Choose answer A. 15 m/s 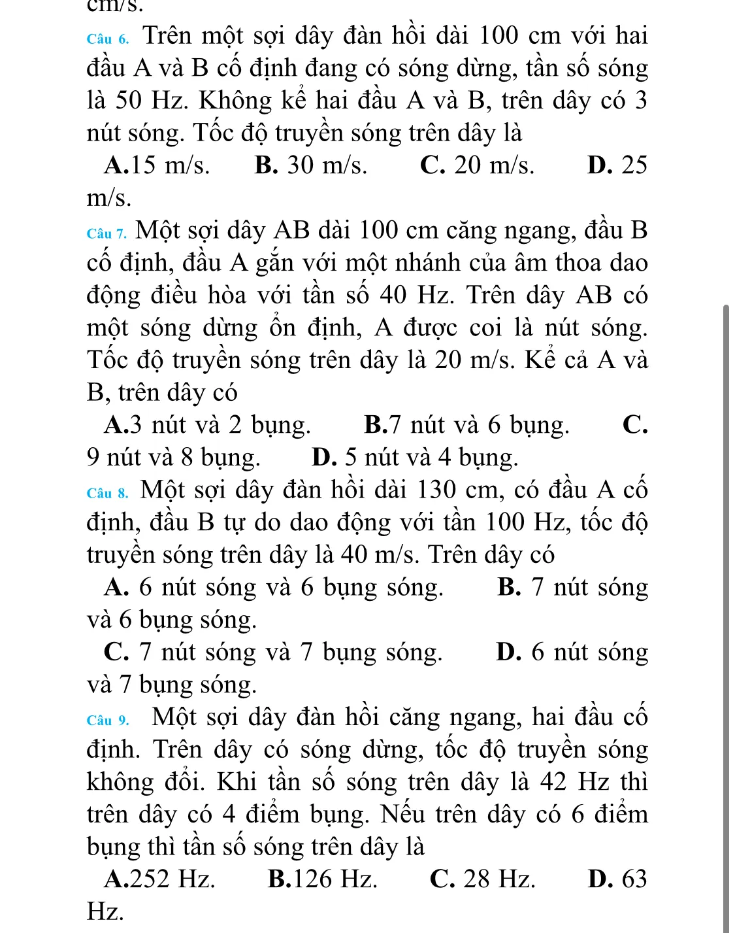tap(157, 165)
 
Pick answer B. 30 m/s tap(311, 165)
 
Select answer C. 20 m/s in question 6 tap(477, 165)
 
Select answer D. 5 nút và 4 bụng tap(416, 458)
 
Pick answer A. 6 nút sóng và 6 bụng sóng tap(273, 587)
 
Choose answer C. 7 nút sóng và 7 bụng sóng tap(273, 653)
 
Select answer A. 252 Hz tap(159, 879)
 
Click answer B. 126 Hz tap(323, 879)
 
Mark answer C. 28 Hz tap(482, 879)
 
